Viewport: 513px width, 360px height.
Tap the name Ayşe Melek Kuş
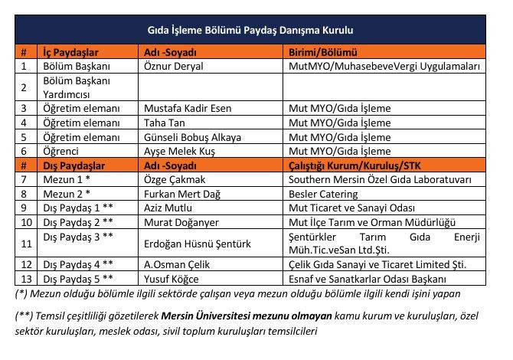[x=181, y=152]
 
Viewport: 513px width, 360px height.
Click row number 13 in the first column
[x=25, y=279]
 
